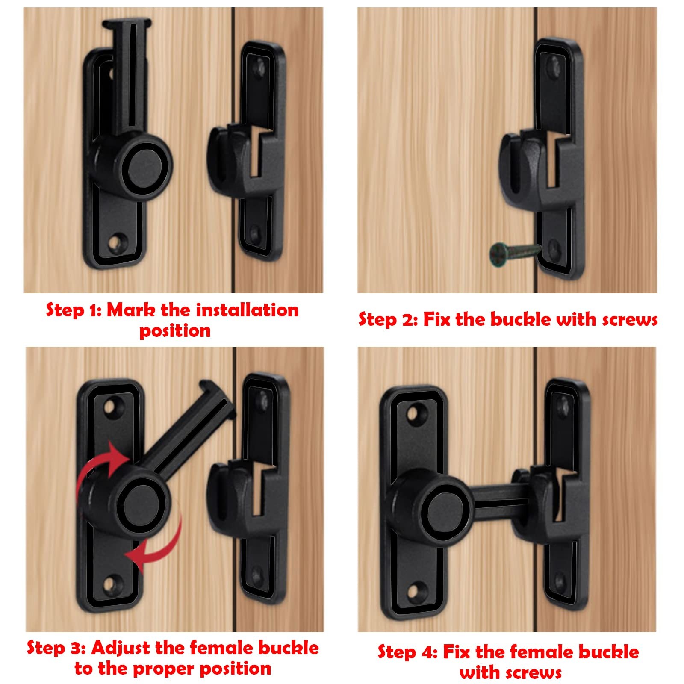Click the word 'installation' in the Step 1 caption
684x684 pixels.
248,310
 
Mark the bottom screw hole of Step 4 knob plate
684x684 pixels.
413,592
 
